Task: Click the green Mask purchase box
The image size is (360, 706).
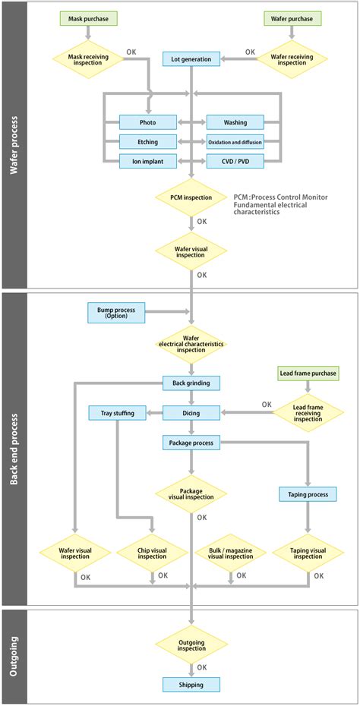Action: [x=88, y=18]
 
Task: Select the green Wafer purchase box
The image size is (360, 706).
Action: [x=292, y=18]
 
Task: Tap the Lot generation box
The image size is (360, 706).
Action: [x=191, y=58]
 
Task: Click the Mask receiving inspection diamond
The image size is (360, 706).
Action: [x=88, y=58]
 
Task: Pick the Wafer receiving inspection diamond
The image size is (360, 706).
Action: [x=292, y=58]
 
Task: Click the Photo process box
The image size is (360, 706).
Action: [x=148, y=122]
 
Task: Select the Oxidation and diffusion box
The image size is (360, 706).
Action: [x=235, y=142]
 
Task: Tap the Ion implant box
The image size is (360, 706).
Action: [x=148, y=161]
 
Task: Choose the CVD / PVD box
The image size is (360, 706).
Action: [x=235, y=161]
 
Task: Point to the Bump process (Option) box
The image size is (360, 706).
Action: [x=116, y=311]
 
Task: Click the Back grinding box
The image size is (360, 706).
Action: [x=191, y=383]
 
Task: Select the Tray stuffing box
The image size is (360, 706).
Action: [x=118, y=413]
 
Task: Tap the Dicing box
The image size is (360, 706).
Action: [x=191, y=413]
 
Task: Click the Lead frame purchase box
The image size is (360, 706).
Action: [x=308, y=373]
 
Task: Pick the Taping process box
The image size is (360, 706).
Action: [x=308, y=494]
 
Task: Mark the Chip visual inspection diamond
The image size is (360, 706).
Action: [x=152, y=553]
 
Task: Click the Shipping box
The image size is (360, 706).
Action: [x=191, y=685]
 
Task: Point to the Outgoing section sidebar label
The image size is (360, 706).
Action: [x=14, y=655]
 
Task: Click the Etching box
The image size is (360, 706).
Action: [x=148, y=142]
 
